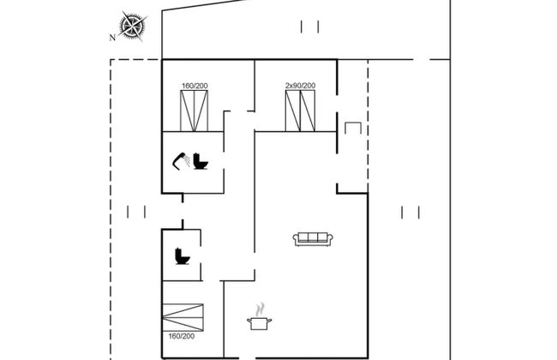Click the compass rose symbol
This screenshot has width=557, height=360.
[x=133, y=26]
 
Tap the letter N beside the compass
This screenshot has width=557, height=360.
[x=112, y=38]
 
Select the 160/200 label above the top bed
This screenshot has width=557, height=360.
[x=195, y=86]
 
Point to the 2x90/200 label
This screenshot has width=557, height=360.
[x=300, y=86]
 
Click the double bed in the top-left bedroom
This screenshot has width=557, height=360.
[x=194, y=111]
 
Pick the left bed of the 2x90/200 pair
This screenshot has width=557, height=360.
[x=293, y=111]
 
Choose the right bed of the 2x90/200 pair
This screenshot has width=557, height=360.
[x=308, y=111]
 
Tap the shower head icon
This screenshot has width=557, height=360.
[x=181, y=161]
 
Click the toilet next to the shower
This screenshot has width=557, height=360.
[x=201, y=161]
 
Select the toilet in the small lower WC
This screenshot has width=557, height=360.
[x=183, y=256]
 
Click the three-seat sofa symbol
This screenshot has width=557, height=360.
[x=313, y=239]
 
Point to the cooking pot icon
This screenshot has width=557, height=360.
[x=260, y=323]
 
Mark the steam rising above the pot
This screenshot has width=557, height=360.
[x=261, y=309]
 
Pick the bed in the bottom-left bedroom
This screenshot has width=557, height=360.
[x=183, y=317]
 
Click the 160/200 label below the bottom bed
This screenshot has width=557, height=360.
[x=182, y=336]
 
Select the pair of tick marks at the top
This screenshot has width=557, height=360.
[x=309, y=27]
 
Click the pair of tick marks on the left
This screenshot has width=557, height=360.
[x=136, y=213]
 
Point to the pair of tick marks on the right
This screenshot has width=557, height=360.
[x=410, y=213]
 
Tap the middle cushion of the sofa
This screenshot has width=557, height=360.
[x=313, y=237]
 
